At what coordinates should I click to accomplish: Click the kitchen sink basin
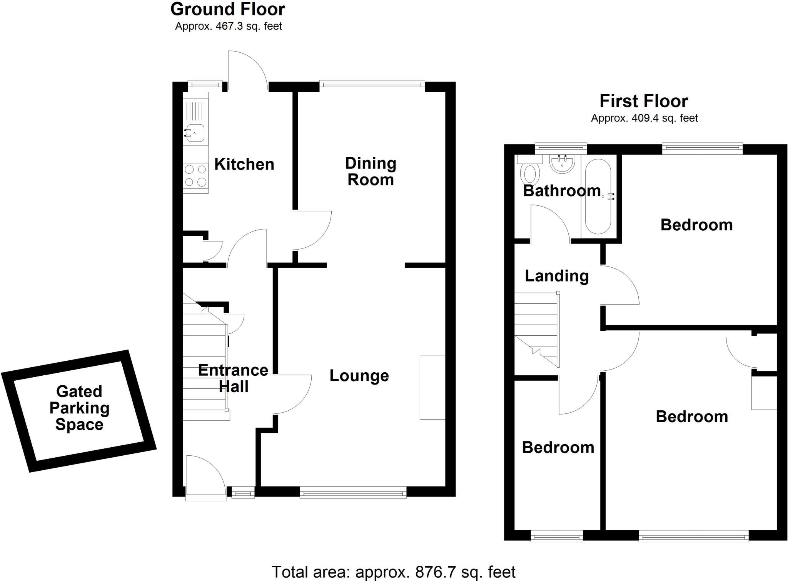pyautogui.click(x=195, y=133)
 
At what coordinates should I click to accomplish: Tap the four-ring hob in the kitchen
pyautogui.click(x=195, y=175)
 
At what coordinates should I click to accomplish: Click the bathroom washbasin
pyautogui.click(x=563, y=165)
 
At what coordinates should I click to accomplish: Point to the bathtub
pyautogui.click(x=598, y=197)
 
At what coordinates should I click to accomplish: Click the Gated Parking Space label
pyautogui.click(x=79, y=408)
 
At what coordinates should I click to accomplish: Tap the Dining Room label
pyautogui.click(x=371, y=172)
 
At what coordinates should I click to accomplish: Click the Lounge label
pyautogui.click(x=359, y=376)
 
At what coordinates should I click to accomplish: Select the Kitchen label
pyautogui.click(x=244, y=164)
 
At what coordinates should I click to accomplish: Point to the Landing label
pyautogui.click(x=557, y=276)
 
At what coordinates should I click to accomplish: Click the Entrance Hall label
pyautogui.click(x=233, y=378)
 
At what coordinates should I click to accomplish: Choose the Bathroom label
pyautogui.click(x=562, y=191)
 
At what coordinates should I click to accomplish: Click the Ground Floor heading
pyautogui.click(x=227, y=10)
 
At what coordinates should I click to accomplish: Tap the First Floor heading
pyautogui.click(x=644, y=101)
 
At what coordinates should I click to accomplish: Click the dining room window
pyautogui.click(x=372, y=86)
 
